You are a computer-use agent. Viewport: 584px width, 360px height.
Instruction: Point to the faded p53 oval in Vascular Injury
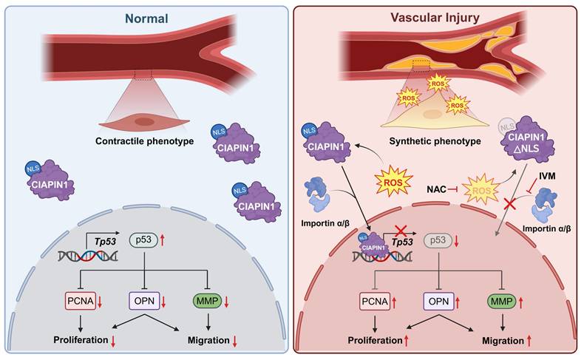(x=437, y=240)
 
